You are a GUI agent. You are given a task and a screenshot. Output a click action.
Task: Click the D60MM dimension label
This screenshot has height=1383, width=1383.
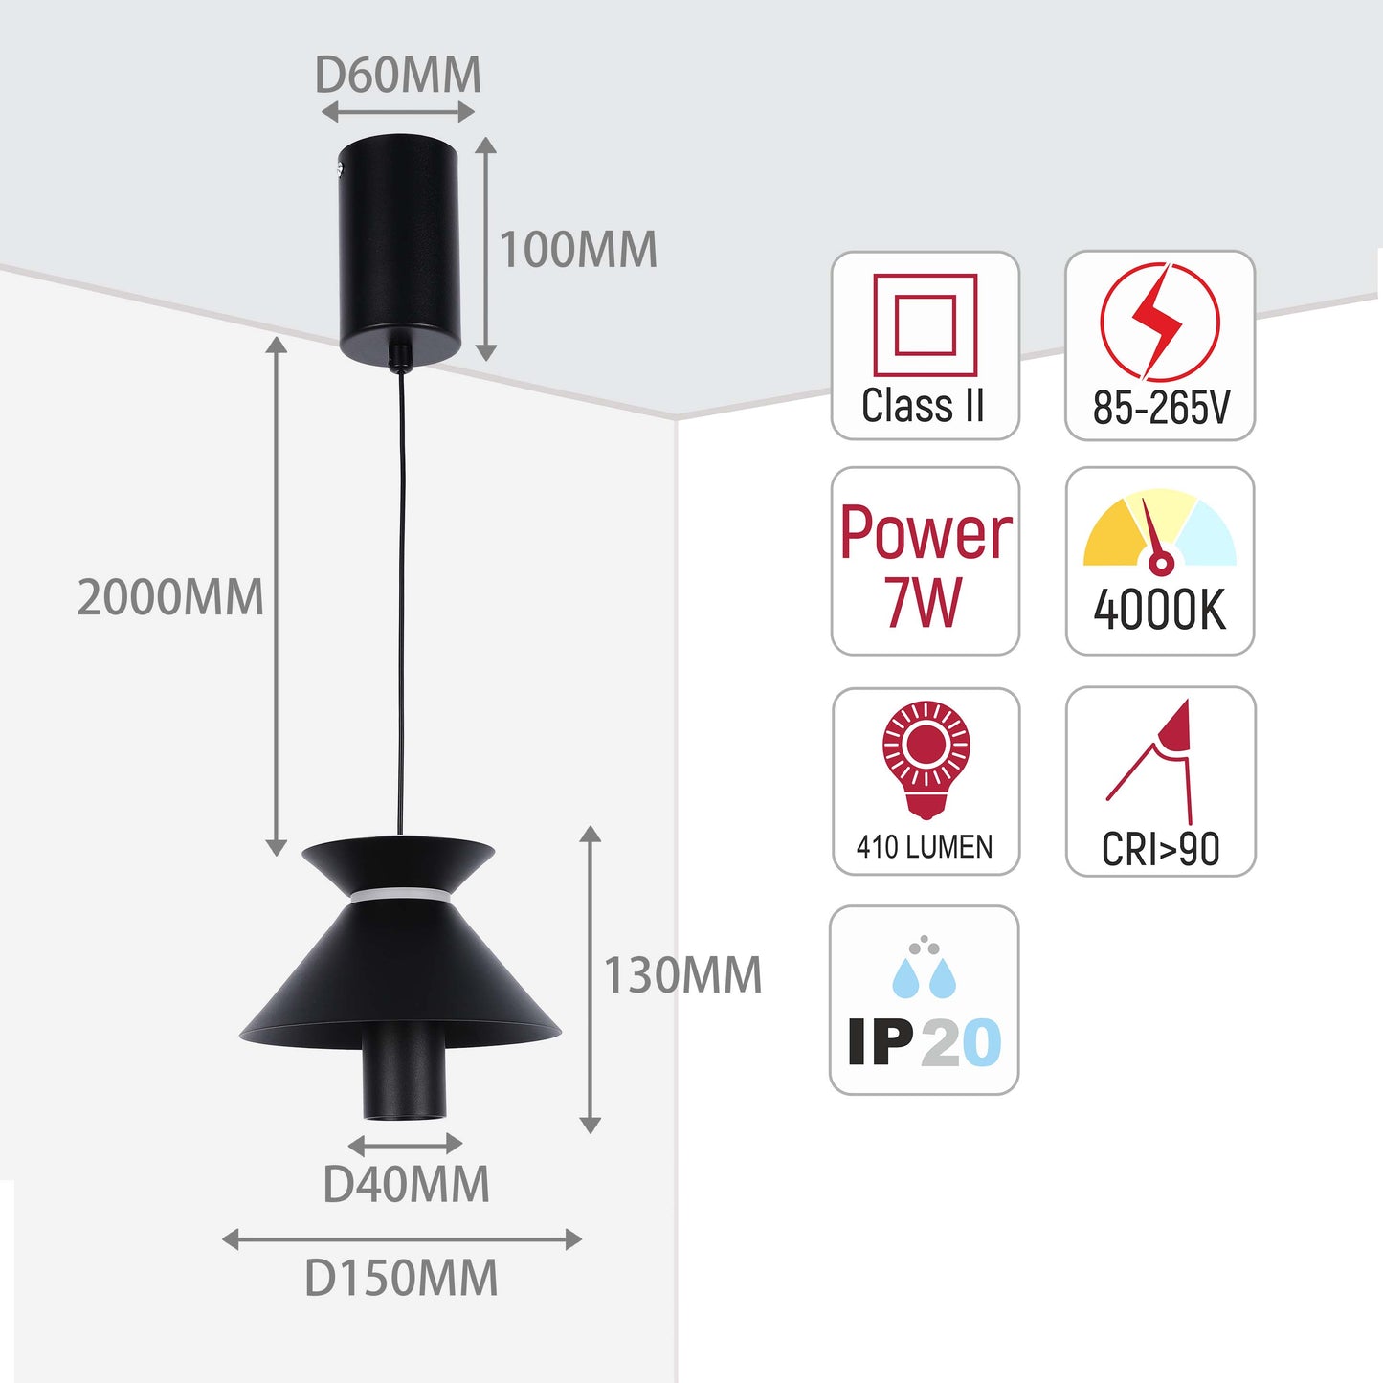pyautogui.click(x=397, y=76)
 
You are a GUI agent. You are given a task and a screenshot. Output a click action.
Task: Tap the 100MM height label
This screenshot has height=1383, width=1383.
pyautogui.click(x=578, y=250)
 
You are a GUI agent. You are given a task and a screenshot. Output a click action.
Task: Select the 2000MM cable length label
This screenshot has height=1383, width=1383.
pyautogui.click(x=169, y=598)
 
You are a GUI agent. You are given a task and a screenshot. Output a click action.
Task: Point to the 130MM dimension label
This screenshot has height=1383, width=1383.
pyautogui.click(x=682, y=975)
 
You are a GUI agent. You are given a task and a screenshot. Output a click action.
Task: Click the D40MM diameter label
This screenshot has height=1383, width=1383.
pyautogui.click(x=406, y=1185)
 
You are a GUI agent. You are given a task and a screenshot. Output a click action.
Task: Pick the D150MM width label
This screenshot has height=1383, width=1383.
pyautogui.click(x=401, y=1279)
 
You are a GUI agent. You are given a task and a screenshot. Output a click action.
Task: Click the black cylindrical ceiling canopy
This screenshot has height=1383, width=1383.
pyautogui.click(x=401, y=247)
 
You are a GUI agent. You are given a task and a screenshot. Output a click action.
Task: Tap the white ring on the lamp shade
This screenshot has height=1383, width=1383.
pyautogui.click(x=400, y=896)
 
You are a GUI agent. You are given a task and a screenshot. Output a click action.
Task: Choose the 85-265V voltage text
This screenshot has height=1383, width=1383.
pyautogui.click(x=1160, y=409)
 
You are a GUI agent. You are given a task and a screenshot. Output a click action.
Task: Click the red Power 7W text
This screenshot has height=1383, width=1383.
pyautogui.click(x=925, y=567)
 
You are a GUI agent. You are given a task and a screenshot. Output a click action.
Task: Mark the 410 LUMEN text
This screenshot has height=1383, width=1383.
pyautogui.click(x=925, y=847)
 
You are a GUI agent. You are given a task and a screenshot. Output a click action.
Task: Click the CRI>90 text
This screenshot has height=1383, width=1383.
pyautogui.click(x=1160, y=849)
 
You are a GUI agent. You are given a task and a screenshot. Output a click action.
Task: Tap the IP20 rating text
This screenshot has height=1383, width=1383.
pyautogui.click(x=925, y=1042)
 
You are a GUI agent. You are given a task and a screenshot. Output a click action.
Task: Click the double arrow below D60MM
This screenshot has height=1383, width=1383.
pyautogui.click(x=398, y=112)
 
